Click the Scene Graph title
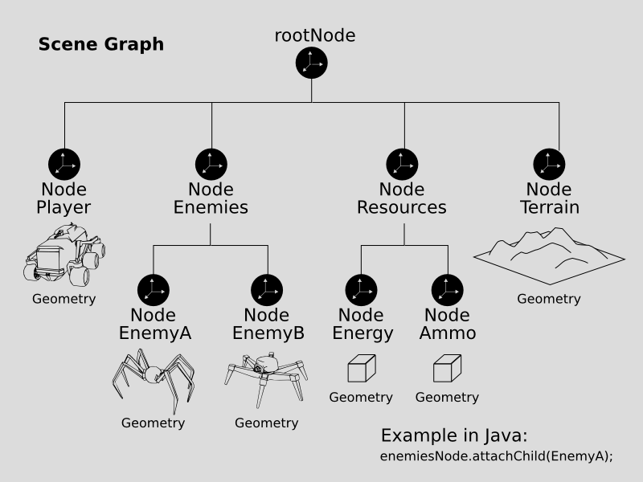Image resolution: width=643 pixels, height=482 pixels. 101,44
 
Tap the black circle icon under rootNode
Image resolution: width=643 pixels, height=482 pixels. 312,63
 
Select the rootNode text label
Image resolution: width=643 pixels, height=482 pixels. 315,35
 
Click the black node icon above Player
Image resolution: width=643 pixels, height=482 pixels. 64,164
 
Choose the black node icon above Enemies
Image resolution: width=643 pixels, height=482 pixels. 211,164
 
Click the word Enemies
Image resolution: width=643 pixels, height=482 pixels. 211,207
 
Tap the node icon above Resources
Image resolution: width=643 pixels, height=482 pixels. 402,164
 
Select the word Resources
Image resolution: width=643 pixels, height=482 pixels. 402,207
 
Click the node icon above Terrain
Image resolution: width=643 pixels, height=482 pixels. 549,164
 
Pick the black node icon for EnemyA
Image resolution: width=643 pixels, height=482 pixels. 153,289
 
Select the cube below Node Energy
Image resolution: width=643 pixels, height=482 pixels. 361,370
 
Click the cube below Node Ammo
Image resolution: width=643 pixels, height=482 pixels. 447,370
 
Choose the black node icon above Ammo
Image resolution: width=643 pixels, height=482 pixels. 447,289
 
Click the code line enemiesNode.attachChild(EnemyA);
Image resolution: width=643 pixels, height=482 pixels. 497,456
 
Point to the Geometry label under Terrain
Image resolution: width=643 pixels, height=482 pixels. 548,299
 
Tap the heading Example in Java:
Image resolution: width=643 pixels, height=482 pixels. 453,436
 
